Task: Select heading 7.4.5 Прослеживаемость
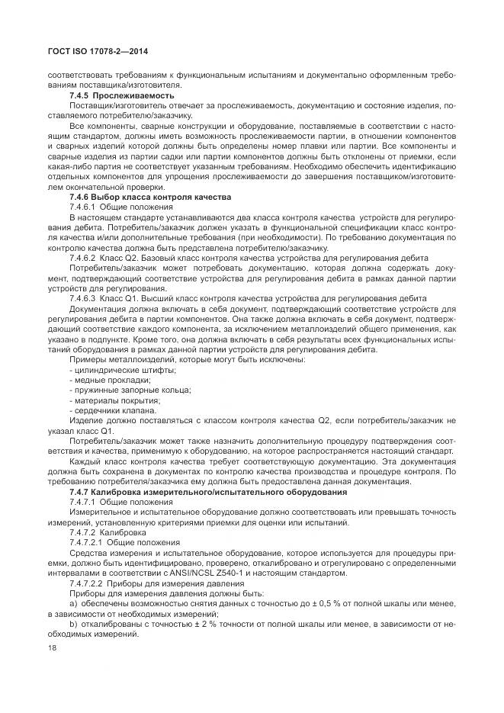[122, 95]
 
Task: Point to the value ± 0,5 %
[325, 603]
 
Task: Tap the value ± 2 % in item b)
[188, 624]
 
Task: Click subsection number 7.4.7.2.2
[91, 583]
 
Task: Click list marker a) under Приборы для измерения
[73, 603]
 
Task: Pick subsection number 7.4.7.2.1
[91, 542]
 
